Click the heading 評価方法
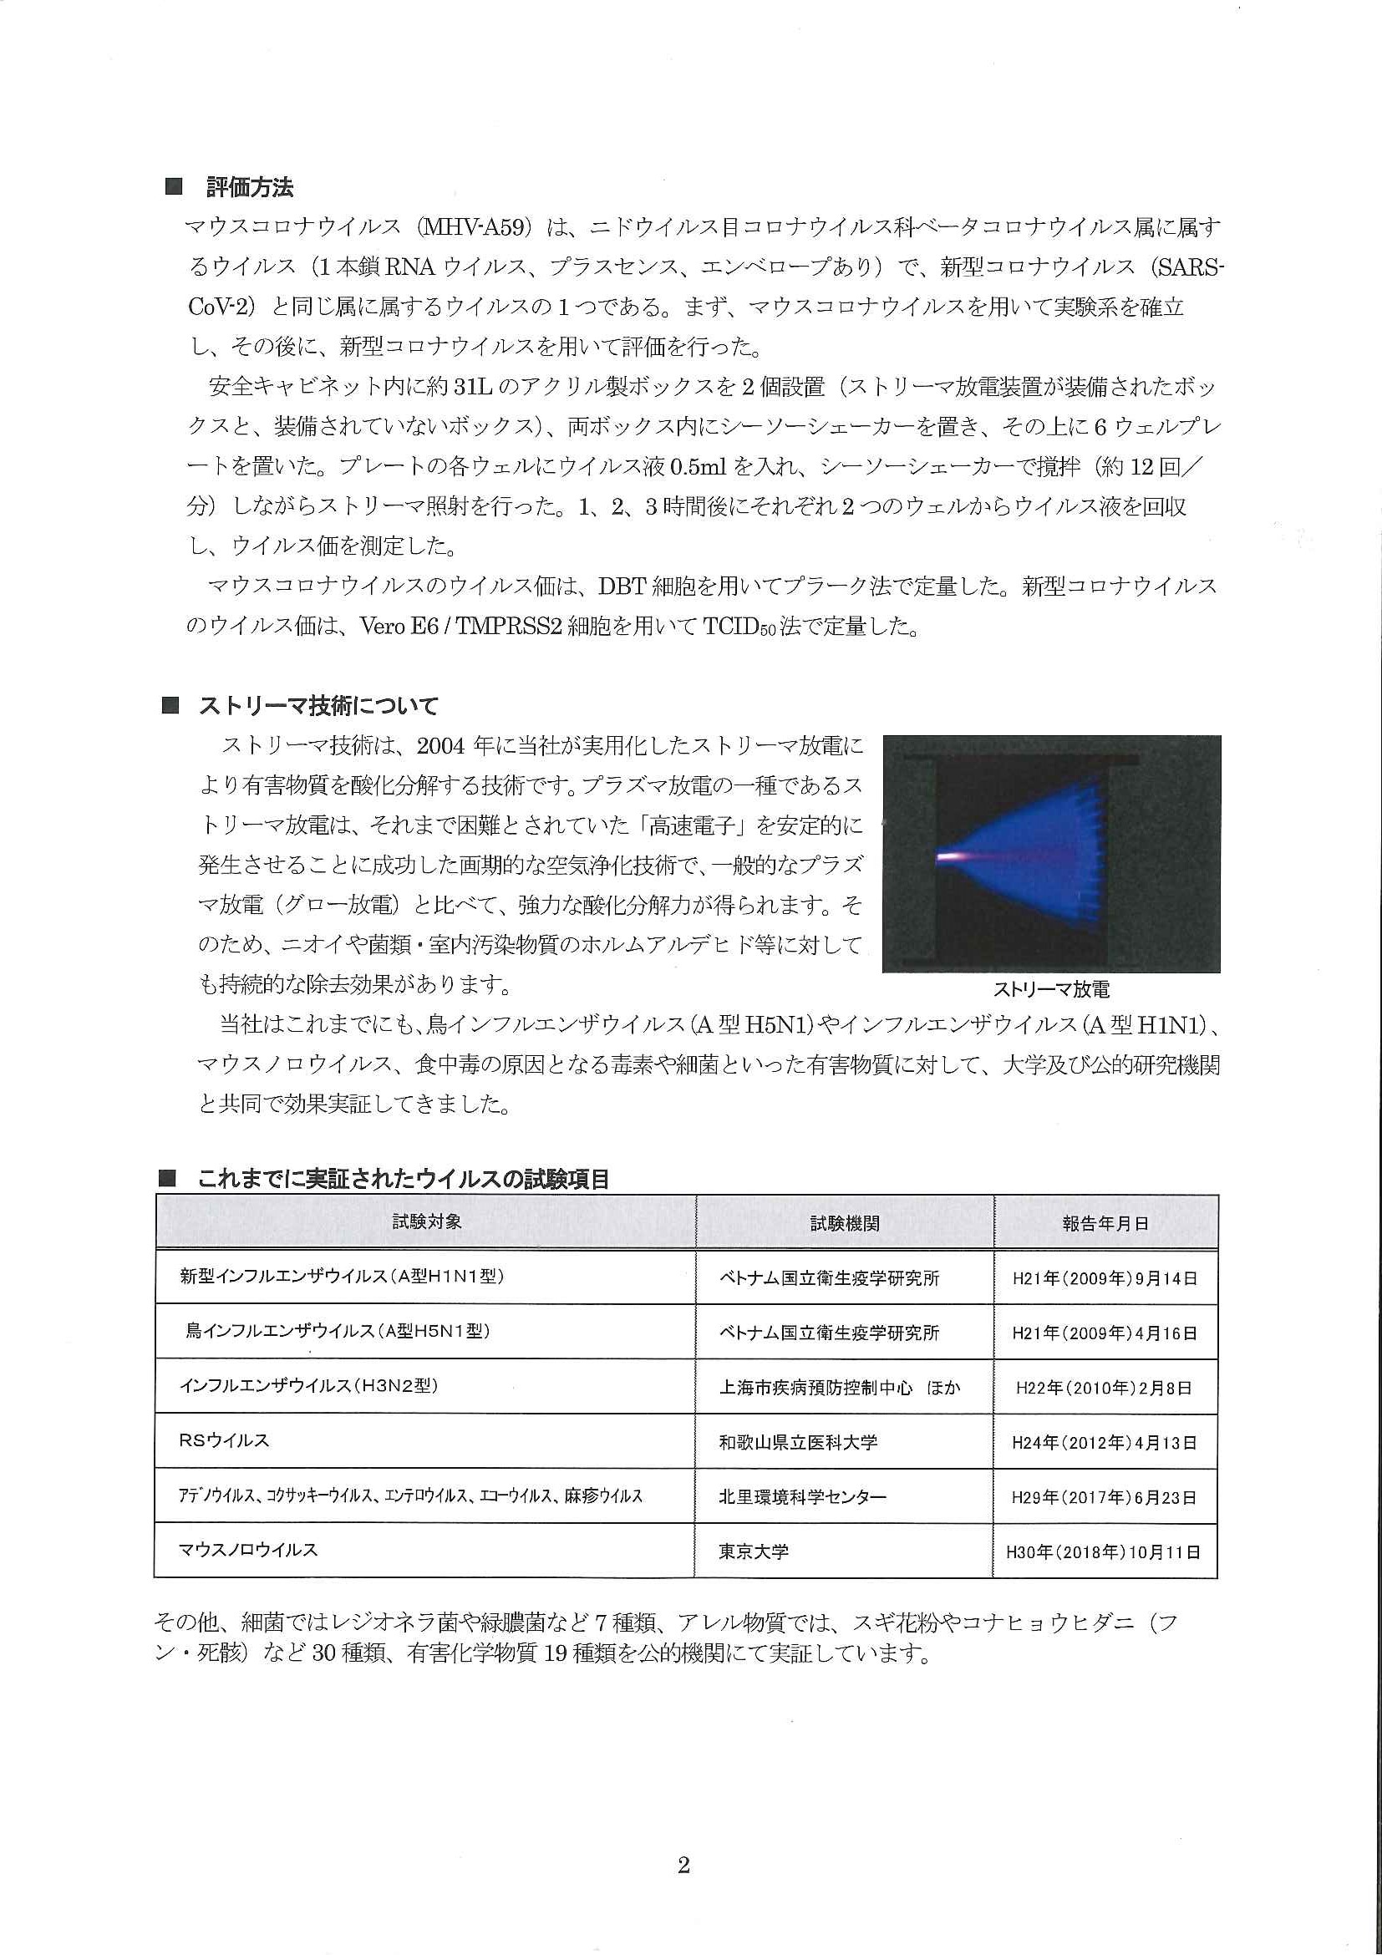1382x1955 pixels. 250,187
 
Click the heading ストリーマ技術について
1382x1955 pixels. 318,706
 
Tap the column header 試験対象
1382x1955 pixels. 427,1221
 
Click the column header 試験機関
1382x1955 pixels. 844,1224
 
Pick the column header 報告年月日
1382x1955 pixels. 1105,1224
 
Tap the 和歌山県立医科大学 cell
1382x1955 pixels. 798,1442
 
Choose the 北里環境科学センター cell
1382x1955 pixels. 802,1497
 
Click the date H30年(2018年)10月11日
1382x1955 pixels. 1104,1552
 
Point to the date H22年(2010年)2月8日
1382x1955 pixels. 1104,1388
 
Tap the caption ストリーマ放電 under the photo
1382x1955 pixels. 1051,989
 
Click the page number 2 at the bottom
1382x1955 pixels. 683,1866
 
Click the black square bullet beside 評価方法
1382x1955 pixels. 173,187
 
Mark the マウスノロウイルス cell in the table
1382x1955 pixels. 248,1550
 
